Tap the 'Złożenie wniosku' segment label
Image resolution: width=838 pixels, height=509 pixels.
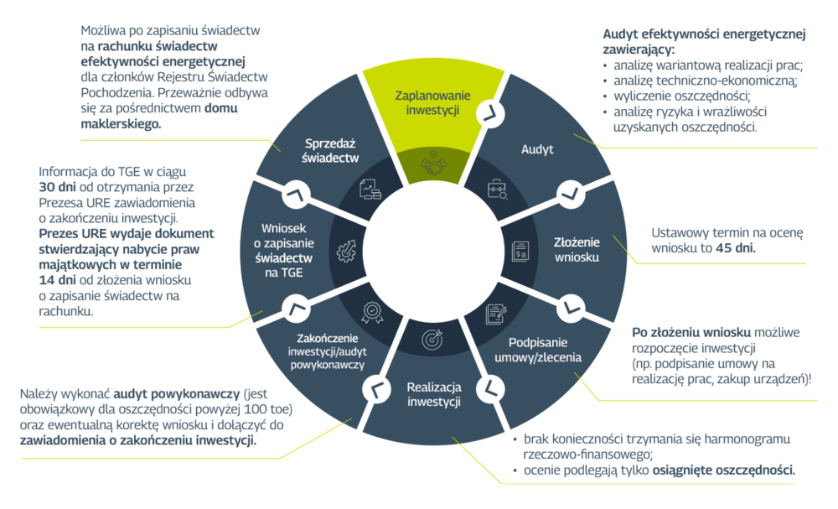coord(577,249)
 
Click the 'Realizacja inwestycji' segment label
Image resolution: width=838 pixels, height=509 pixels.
coord(434,394)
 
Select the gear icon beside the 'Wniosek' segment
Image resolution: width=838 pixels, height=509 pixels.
coord(347,250)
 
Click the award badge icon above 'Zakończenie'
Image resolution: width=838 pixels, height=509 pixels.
coord(371,312)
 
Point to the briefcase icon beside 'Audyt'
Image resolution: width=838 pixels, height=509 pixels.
coord(497,188)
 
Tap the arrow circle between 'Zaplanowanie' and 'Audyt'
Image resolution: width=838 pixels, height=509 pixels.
coord(488,112)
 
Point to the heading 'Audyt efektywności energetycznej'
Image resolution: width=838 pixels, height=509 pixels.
coord(704,34)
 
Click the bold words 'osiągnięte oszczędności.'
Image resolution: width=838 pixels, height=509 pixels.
coord(723,470)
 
